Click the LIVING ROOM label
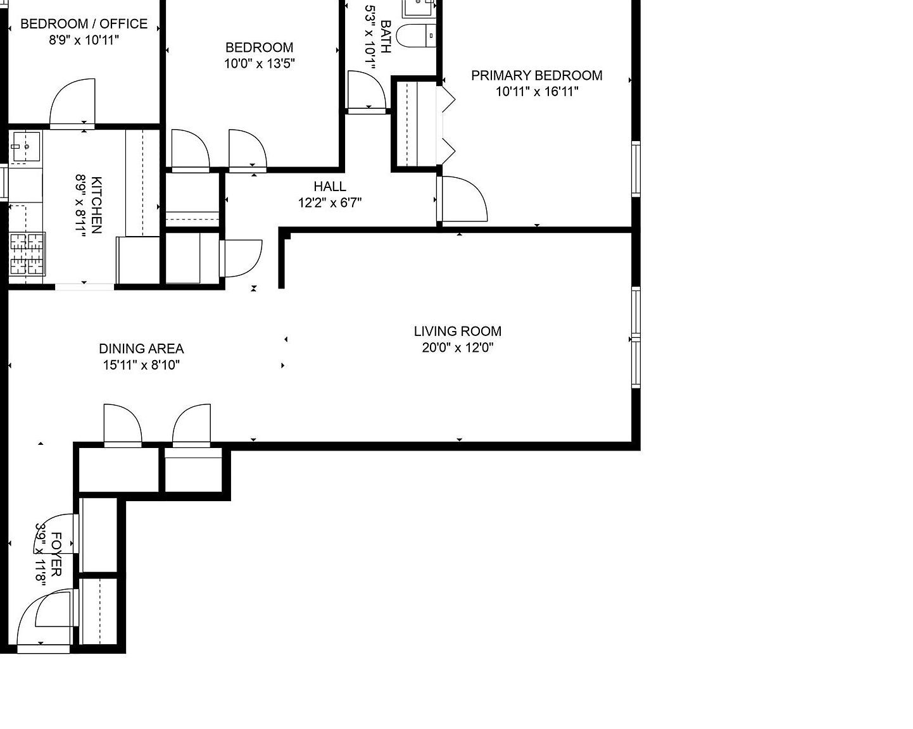457,331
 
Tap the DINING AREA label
141,349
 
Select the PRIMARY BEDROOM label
536,75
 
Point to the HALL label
330,186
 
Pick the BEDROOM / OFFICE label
84,24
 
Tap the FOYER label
56,554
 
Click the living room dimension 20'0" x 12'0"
457,347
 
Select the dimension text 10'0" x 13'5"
259,63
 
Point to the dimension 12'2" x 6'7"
330,202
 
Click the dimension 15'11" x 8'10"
141,365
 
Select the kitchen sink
25,147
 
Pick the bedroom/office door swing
73,103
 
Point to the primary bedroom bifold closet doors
448,124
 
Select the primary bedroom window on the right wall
636,169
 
